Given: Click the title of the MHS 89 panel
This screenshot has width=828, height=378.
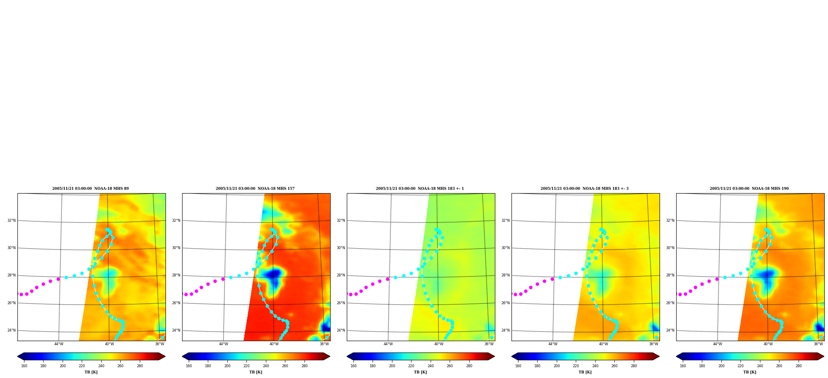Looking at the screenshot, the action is pos(90,189).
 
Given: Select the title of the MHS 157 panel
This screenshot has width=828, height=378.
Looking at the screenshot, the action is pos(255,189).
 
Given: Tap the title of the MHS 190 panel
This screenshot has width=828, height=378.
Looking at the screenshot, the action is pos(749,189).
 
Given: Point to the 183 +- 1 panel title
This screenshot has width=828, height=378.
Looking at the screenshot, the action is pos(420,189).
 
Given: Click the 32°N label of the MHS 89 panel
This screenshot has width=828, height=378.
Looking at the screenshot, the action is pos(11,220).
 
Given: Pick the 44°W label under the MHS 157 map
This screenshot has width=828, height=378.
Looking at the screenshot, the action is pos(224,344).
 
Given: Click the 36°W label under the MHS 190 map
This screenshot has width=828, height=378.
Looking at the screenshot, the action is pos(818,344).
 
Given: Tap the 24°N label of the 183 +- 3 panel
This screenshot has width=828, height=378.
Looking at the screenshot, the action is pos(505,331).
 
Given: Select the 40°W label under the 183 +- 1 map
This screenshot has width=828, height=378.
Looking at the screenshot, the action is pos(438,344).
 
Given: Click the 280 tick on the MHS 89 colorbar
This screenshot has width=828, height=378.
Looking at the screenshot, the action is pos(140,366).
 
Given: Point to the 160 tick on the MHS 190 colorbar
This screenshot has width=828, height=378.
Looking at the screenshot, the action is pos(683,366).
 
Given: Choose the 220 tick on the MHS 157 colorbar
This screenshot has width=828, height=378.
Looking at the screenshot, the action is pos(246,366).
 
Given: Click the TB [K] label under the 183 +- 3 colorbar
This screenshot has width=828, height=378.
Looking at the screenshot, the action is pos(585,372).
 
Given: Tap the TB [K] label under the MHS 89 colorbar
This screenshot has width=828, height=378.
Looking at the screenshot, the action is pos(91,372).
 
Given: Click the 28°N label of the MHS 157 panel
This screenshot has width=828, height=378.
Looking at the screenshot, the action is pos(176,275).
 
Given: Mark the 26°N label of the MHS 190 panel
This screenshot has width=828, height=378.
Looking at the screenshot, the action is pos(670,303).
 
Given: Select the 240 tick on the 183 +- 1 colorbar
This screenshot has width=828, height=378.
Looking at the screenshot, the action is pos(431,366).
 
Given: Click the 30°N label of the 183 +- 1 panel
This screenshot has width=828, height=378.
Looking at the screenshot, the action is pos(341,248).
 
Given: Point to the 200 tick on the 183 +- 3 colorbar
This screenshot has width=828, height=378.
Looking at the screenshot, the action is pos(557,366).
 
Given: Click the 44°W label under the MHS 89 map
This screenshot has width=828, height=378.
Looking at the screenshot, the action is pos(59,344).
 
